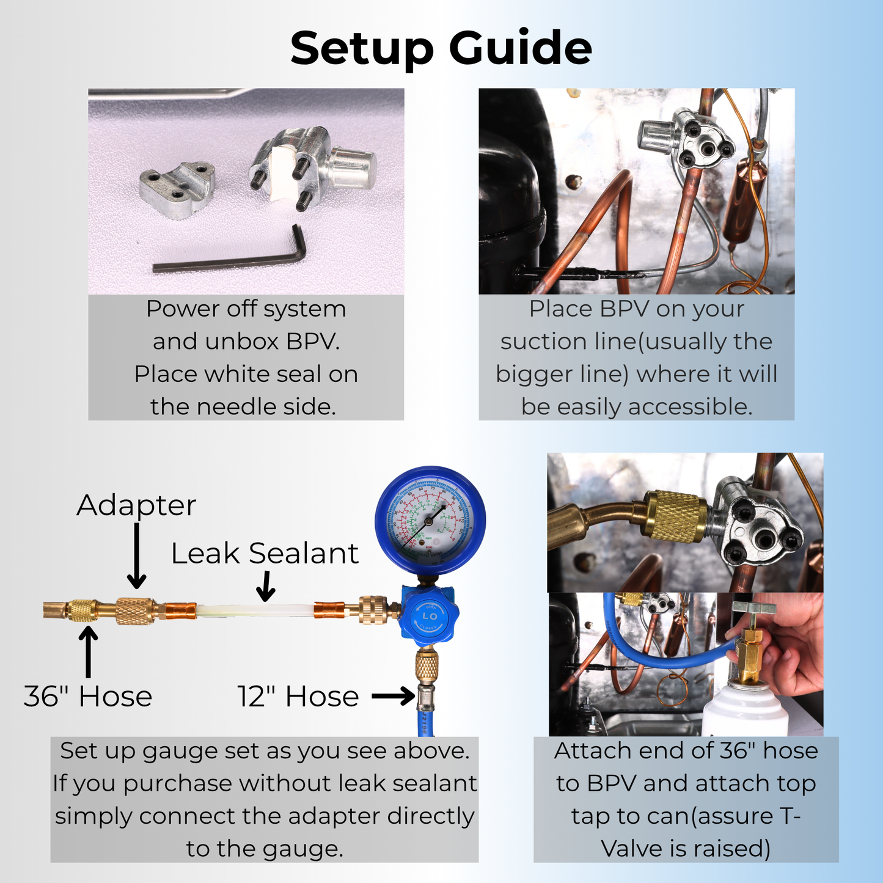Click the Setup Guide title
(441, 48)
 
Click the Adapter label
(136, 505)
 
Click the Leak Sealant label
(264, 554)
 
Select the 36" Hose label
(88, 697)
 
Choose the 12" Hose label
(298, 697)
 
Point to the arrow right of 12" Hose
(393, 696)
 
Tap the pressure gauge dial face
(430, 520)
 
